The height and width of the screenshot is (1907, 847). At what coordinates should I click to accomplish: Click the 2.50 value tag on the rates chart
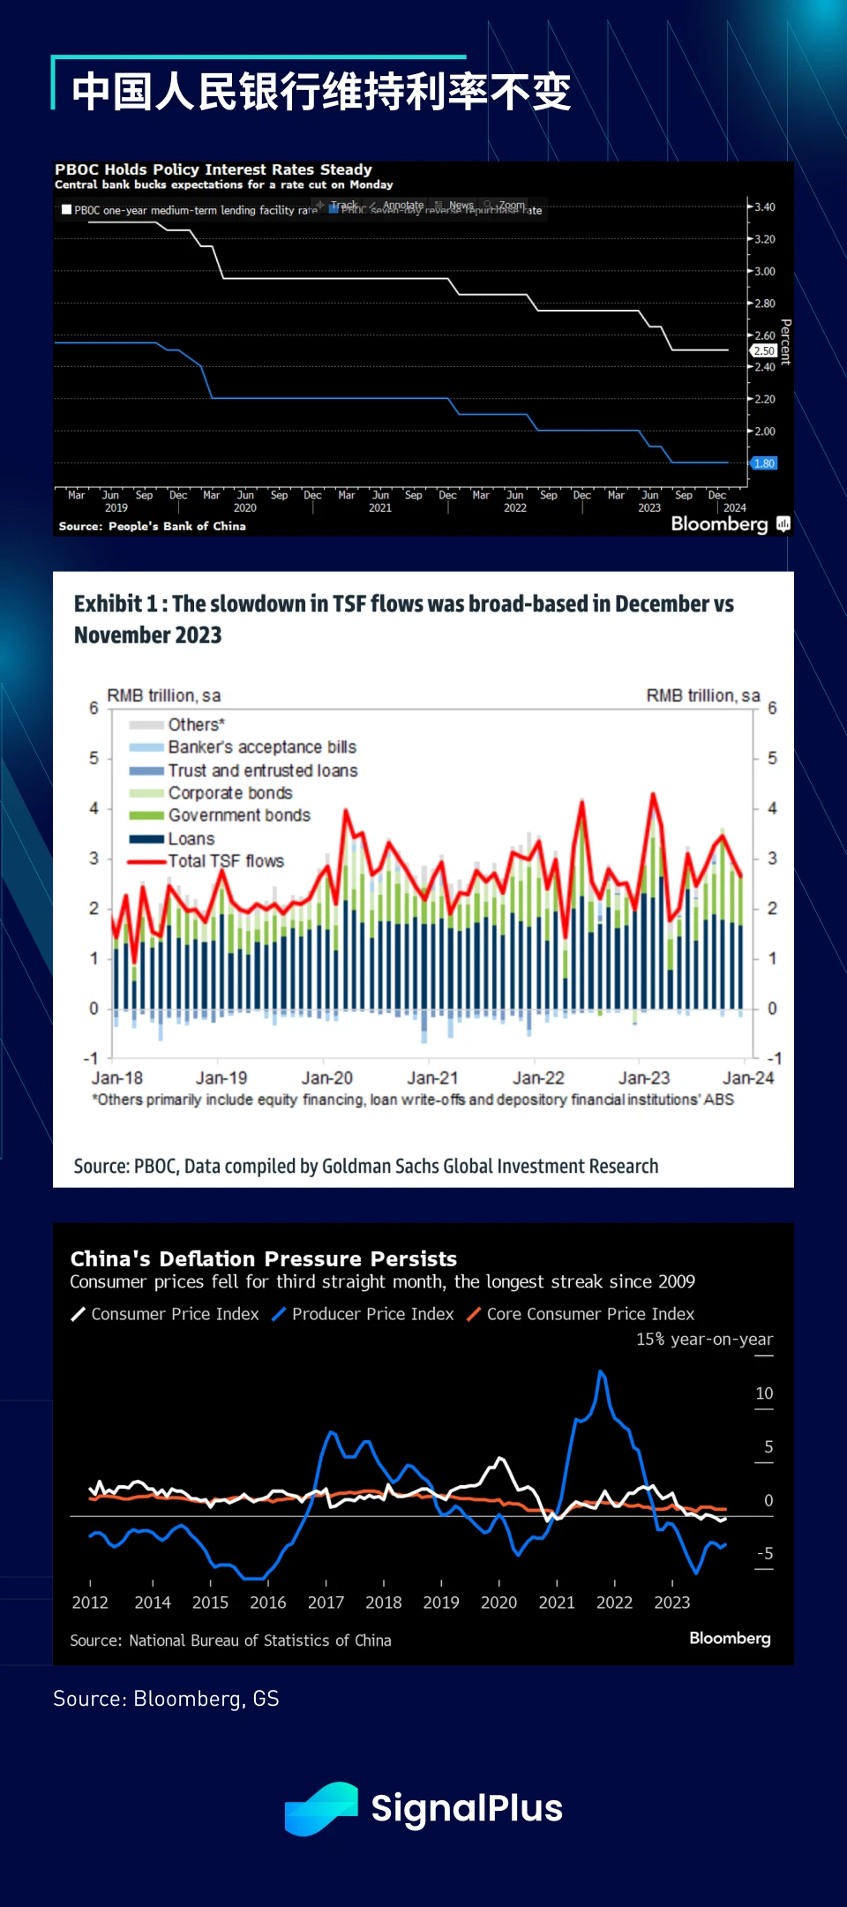click(x=764, y=351)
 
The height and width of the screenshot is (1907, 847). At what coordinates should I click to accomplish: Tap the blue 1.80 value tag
click(x=764, y=463)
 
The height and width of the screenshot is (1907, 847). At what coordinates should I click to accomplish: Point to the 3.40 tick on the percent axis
click(x=764, y=207)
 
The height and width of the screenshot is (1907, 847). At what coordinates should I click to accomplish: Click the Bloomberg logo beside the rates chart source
click(x=720, y=524)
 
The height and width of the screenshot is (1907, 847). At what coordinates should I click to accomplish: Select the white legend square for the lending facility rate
click(x=66, y=210)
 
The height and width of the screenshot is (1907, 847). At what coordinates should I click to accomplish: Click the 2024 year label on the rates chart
click(x=735, y=508)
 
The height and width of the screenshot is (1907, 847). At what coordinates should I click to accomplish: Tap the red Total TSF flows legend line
click(x=146, y=861)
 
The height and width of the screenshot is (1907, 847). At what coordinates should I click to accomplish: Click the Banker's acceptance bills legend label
click(x=262, y=747)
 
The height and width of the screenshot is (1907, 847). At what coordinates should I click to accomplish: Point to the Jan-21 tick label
click(x=432, y=1078)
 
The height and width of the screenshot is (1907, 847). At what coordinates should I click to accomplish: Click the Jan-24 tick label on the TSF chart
click(x=748, y=1078)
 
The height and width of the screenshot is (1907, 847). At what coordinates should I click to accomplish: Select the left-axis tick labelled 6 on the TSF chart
click(x=94, y=708)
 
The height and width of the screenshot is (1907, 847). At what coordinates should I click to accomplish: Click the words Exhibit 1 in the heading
click(x=116, y=604)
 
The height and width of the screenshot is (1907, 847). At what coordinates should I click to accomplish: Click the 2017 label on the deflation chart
click(x=326, y=1603)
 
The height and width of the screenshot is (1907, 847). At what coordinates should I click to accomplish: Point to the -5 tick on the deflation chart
click(x=764, y=1553)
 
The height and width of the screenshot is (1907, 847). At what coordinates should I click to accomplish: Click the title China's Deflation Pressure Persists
click(x=263, y=1258)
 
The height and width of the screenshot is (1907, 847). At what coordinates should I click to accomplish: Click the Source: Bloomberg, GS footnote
click(x=166, y=1699)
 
